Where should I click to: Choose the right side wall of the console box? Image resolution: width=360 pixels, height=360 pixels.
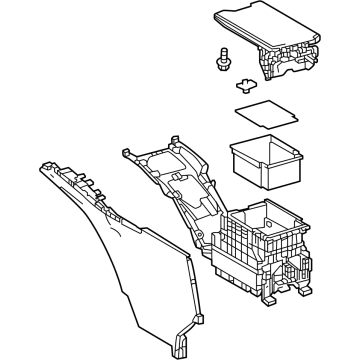click(x=300, y=250)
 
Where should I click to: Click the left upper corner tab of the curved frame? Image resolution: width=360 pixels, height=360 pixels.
click(x=128, y=153)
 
